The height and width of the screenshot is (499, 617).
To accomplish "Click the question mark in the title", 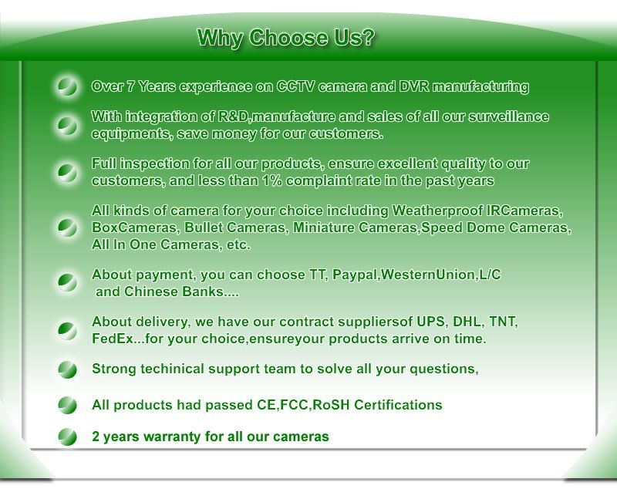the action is point(367,38).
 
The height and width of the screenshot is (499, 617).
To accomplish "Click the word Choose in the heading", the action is point(288,38).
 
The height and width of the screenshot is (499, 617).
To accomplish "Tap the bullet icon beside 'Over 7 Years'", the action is point(67,86).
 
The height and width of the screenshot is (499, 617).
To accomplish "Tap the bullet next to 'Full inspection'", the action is point(67,172).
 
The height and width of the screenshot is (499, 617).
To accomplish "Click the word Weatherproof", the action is point(437,211).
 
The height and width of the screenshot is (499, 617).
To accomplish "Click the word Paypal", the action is point(355,275).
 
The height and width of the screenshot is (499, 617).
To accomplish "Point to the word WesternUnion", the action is point(428,275).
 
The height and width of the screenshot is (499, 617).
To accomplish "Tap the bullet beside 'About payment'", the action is point(67,282).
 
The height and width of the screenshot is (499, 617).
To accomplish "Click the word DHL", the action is point(467,322).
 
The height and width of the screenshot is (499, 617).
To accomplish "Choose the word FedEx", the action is point(112,339).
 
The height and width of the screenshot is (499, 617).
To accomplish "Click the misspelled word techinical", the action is point(172,369).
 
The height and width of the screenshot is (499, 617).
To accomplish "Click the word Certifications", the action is point(398,405).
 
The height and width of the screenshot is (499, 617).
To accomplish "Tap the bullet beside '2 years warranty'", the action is point(67,437).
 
